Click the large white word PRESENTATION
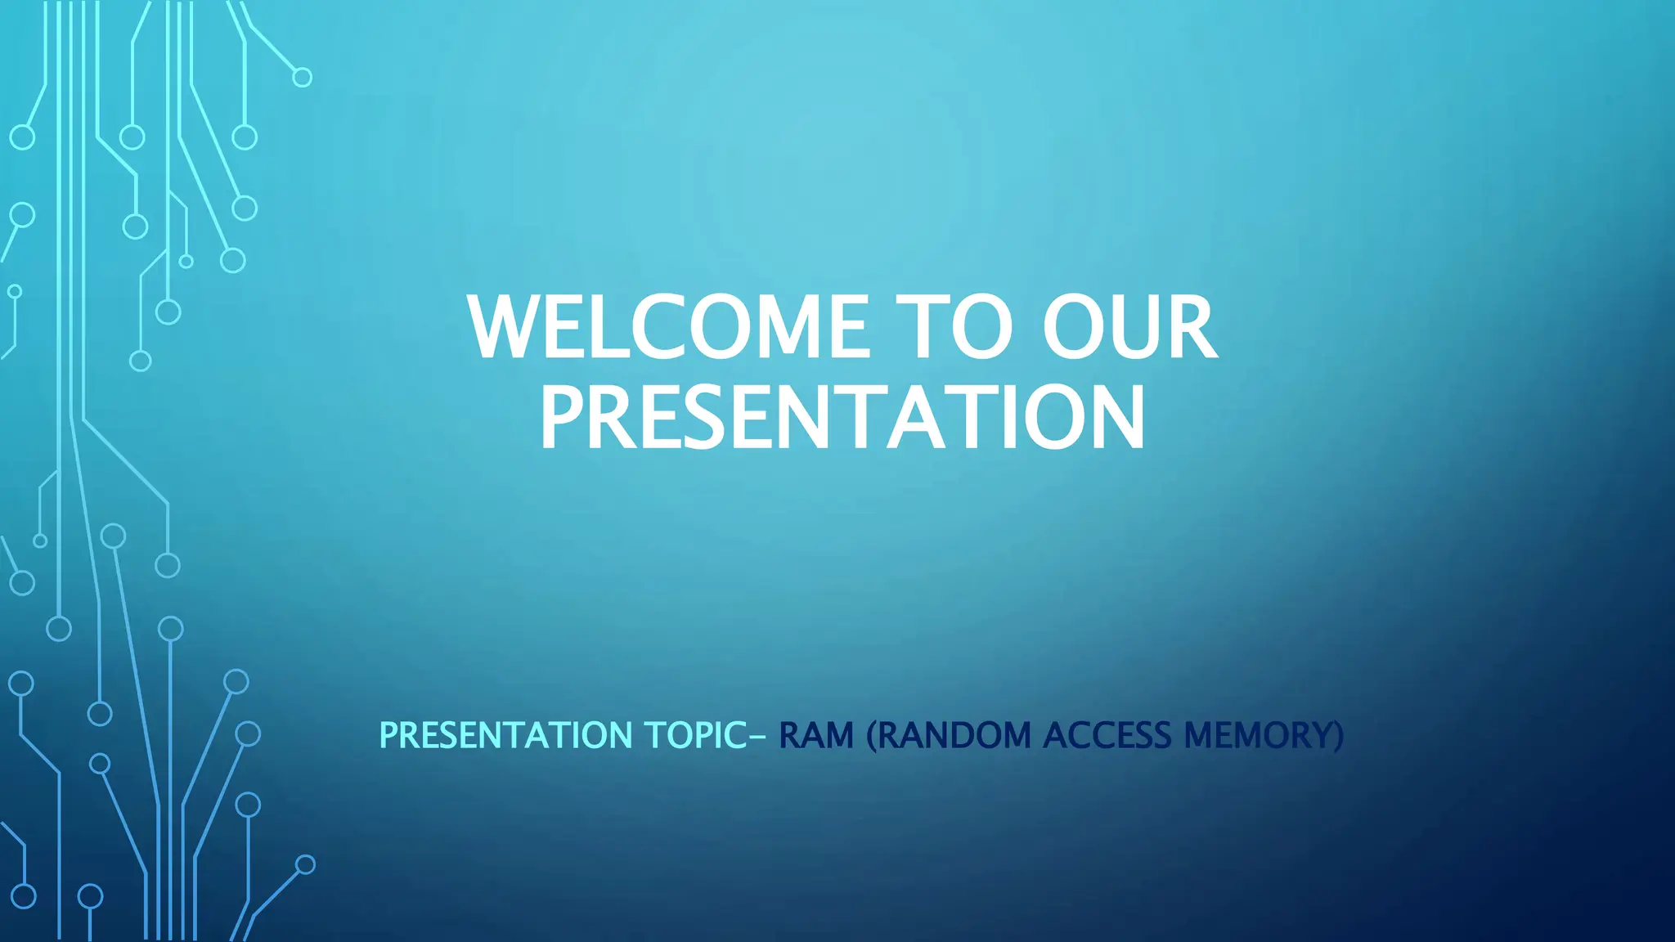point(842,418)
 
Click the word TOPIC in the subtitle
point(694,735)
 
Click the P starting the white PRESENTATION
point(561,418)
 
